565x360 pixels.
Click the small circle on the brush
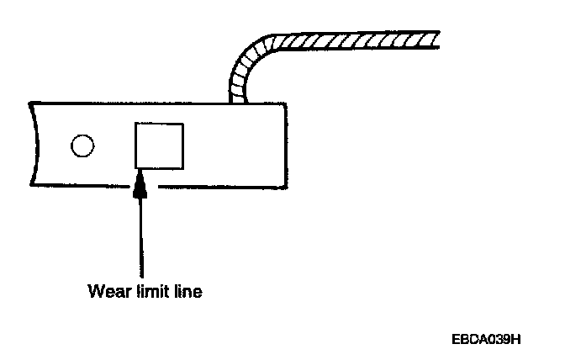(x=82, y=146)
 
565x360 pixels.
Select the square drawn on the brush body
(x=159, y=146)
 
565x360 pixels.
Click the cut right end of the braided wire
(x=436, y=40)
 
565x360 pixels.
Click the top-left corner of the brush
(x=30, y=103)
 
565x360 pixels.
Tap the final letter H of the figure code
(x=518, y=339)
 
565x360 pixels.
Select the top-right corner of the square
(x=183, y=123)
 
